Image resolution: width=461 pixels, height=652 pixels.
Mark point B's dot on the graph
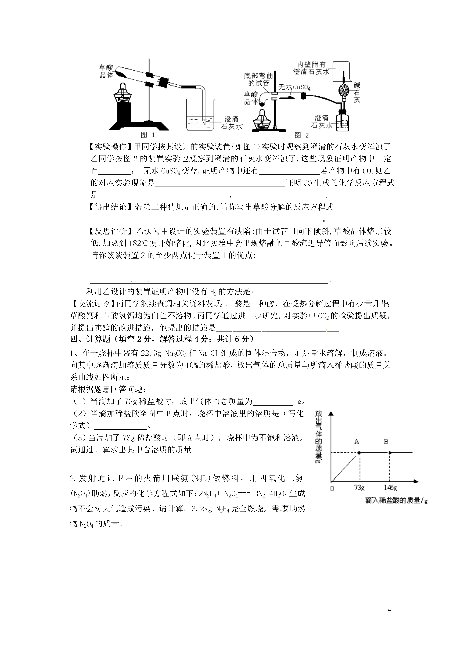pyautogui.click(x=390, y=453)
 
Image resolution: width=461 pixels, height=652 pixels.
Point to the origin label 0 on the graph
pyautogui.click(x=332, y=488)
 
